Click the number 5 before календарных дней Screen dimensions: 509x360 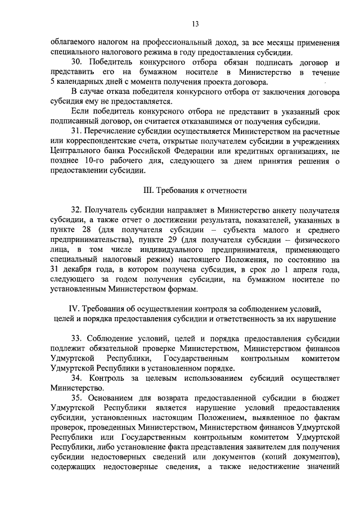pyautogui.click(x=52, y=82)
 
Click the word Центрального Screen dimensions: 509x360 pyautogui.click(x=74, y=151)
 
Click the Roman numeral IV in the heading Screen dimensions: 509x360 pyautogui.click(x=74, y=308)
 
